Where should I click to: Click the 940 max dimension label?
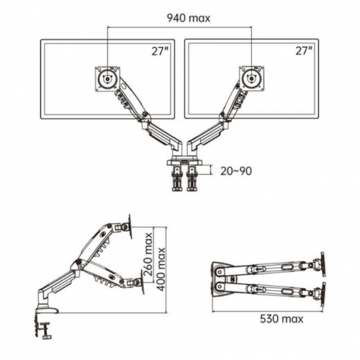189,18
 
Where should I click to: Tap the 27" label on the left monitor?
160,51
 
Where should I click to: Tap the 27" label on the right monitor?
304,51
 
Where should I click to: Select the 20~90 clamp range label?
236,171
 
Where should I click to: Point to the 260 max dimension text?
149,254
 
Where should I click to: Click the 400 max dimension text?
161,269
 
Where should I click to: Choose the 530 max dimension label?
282,319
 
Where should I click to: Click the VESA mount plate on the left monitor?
107,78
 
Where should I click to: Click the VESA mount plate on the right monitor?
251,78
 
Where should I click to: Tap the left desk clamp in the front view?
177,178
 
